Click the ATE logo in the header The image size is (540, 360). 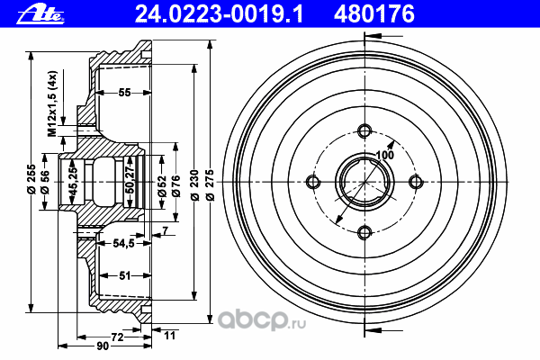click(x=40, y=15)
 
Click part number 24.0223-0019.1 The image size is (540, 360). click(x=219, y=14)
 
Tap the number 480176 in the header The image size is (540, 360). click(x=374, y=14)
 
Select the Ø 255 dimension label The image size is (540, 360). click(x=31, y=179)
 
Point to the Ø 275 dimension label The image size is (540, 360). click(x=210, y=185)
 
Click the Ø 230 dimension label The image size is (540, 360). click(x=194, y=185)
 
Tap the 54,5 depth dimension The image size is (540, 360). click(x=123, y=243)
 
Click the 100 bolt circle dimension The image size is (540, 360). click(x=384, y=155)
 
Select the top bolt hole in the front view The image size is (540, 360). click(x=364, y=130)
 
